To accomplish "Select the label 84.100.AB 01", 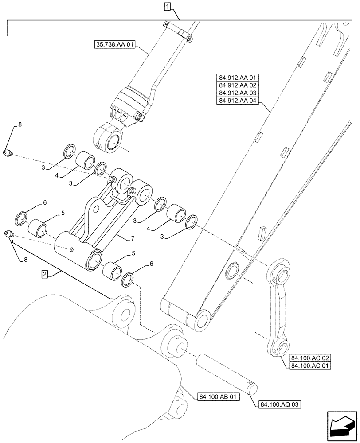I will (216, 396).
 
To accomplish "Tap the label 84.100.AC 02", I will (310, 358).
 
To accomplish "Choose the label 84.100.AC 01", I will (310, 365).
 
